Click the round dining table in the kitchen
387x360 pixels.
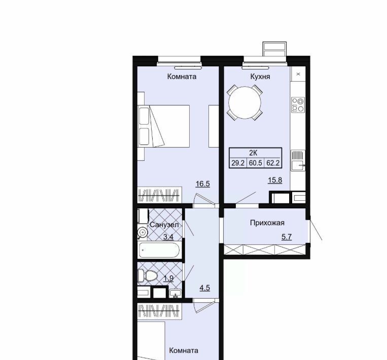pyautogui.click(x=244, y=102)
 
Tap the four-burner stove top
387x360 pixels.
pyautogui.click(x=298, y=105)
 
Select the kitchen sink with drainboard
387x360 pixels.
pyautogui.click(x=298, y=160)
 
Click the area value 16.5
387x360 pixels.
pyautogui.click(x=203, y=184)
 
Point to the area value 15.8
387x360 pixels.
pyautogui.click(x=275, y=180)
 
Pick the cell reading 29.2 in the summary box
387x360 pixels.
pyautogui.click(x=238, y=163)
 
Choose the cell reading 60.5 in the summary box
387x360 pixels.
pyautogui.click(x=256, y=163)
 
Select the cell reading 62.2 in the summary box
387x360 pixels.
pyautogui.click(x=273, y=163)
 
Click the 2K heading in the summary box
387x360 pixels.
pyautogui.click(x=253, y=153)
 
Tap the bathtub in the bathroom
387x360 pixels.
pyautogui.click(x=159, y=250)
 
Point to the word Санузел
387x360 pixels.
pyautogui.click(x=164, y=225)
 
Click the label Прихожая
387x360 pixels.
pyautogui.click(x=267, y=223)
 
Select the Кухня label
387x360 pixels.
pyautogui.click(x=260, y=77)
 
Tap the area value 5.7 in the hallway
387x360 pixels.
pyautogui.click(x=287, y=237)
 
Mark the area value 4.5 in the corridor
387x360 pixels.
pyautogui.click(x=205, y=288)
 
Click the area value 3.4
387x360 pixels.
pyautogui.click(x=168, y=237)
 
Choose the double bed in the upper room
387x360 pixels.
pyautogui.click(x=163, y=126)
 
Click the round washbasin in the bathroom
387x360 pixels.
pyautogui.click(x=143, y=232)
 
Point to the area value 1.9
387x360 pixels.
pyautogui.click(x=168, y=278)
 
